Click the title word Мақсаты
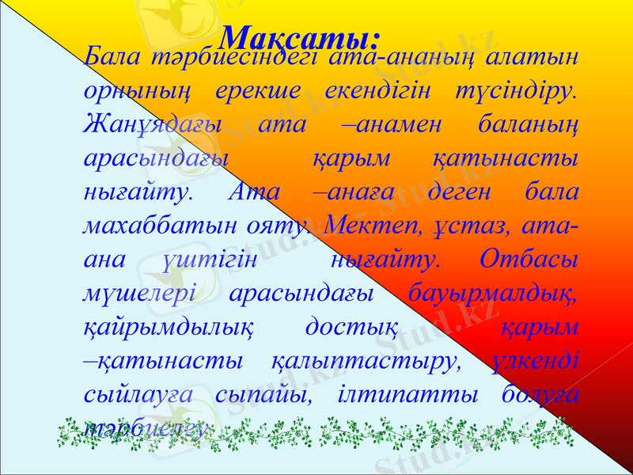coord(299,36)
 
